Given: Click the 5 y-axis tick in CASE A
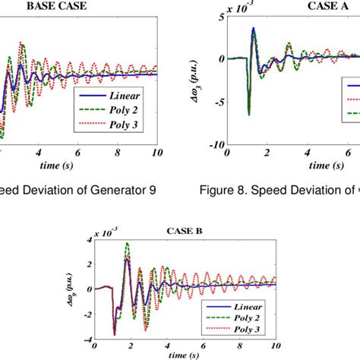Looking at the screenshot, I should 220,16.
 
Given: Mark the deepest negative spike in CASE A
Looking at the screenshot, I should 248,115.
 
